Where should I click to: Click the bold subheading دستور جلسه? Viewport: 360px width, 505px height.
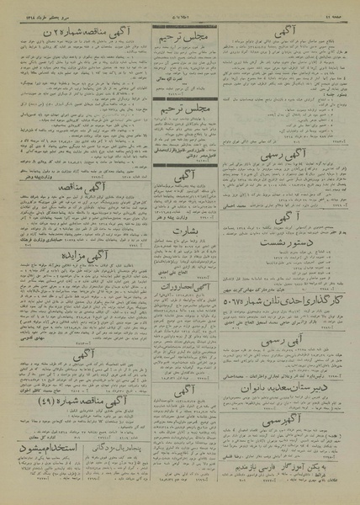tap(324, 96)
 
